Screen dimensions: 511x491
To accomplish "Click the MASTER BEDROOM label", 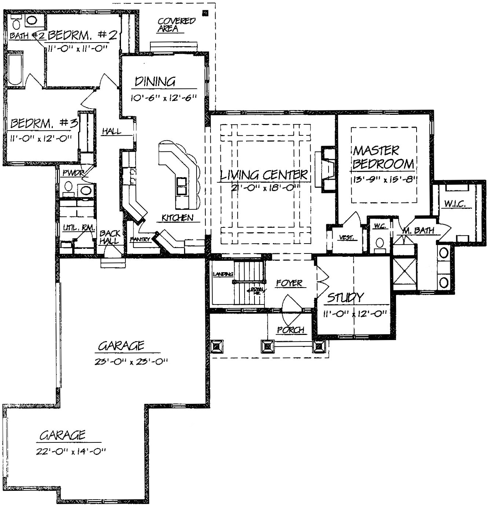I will click(383, 157).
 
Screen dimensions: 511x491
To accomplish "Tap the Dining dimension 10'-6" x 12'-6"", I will click(164, 98).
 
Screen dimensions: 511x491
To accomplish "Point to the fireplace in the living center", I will click(327, 169).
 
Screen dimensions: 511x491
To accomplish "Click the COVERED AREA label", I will click(176, 25).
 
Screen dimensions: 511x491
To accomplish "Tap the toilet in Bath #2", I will click(17, 24).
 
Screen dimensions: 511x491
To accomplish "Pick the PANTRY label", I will click(140, 240).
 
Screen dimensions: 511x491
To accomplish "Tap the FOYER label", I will click(289, 283).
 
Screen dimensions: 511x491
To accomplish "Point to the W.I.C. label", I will click(455, 204).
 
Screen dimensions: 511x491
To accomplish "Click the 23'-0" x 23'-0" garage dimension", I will click(131, 362).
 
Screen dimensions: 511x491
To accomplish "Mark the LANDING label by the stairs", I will click(223, 274).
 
